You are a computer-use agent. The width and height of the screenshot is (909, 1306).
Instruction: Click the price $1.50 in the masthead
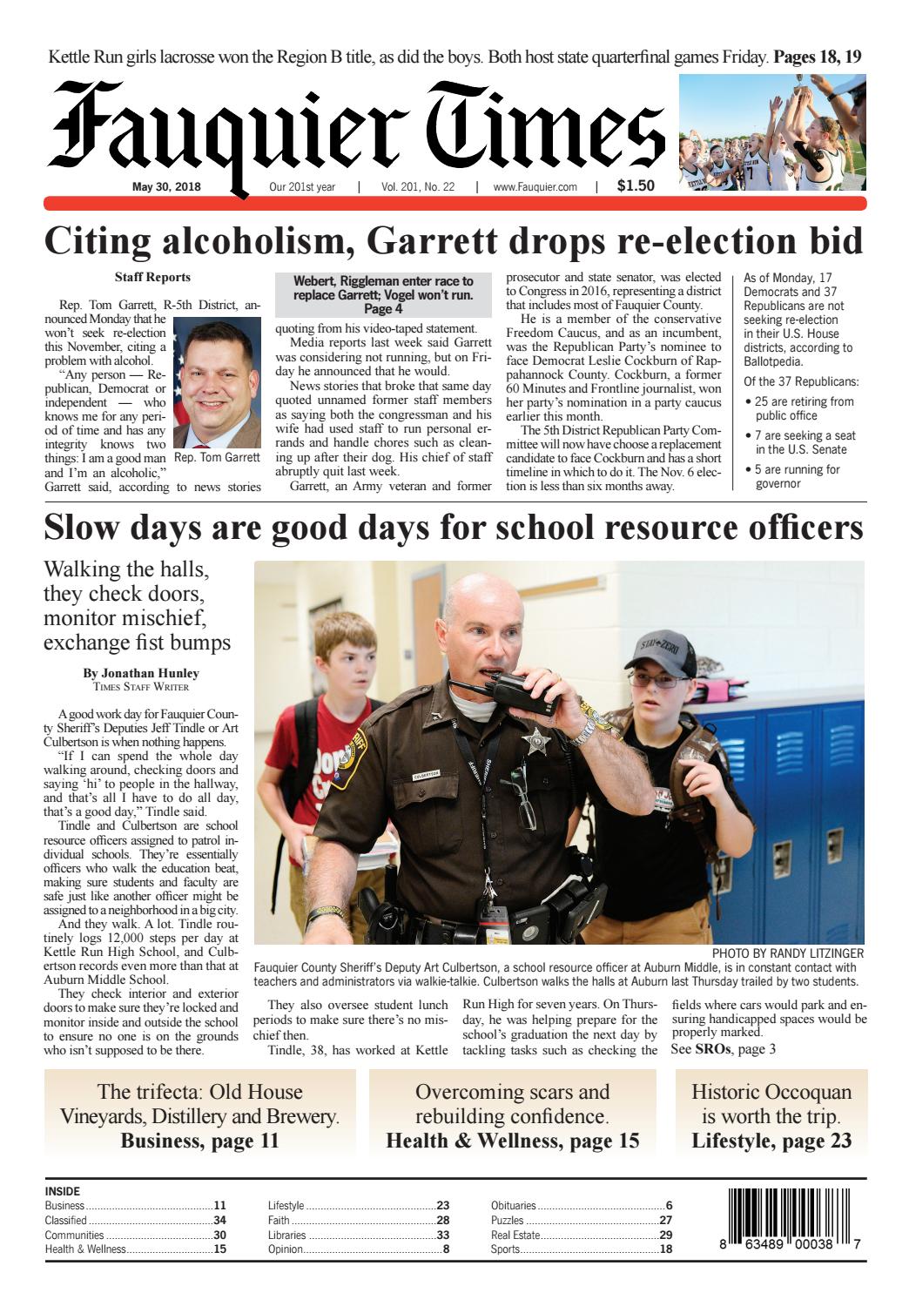point(635,185)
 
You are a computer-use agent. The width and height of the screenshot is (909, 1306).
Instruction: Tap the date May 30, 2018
point(166,186)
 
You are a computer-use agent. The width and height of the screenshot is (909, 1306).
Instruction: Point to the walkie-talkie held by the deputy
point(512,684)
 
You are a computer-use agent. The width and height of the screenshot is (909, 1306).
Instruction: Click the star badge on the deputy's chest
point(530,742)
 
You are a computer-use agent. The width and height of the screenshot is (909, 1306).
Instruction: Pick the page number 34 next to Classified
point(219,1220)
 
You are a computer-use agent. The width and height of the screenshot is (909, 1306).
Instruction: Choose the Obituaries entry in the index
point(514,1206)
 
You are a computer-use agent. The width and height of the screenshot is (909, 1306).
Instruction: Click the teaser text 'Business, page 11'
point(199,1141)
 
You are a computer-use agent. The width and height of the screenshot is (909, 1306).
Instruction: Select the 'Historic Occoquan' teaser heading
point(771,1092)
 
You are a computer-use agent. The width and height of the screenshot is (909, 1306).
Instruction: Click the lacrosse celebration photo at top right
point(772,131)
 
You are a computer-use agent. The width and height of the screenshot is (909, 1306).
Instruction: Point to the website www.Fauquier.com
point(535,186)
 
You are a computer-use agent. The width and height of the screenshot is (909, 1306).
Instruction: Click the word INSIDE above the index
point(62,1191)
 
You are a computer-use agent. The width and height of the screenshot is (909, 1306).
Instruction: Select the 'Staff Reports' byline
point(152,278)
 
